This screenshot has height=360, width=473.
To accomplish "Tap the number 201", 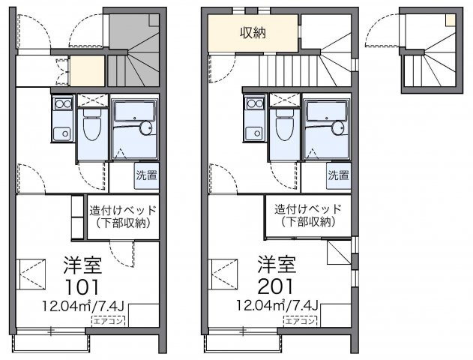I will click(x=276, y=286).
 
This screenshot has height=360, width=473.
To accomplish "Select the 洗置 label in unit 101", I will click(x=145, y=177).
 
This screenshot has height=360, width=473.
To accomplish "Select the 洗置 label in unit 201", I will click(x=339, y=177).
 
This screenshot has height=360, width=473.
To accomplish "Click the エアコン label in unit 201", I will click(x=300, y=321).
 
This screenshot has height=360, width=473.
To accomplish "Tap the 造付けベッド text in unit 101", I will click(x=123, y=209).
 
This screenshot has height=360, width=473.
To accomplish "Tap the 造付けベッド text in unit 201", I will click(x=307, y=209).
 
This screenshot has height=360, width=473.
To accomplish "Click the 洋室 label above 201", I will click(x=276, y=265).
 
